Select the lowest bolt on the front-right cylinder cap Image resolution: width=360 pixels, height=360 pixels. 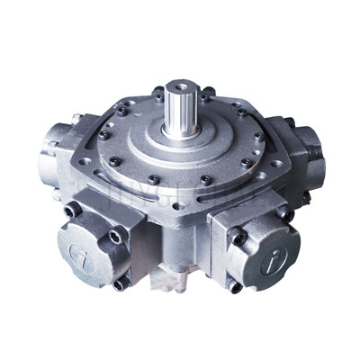[x=236, y=286]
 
